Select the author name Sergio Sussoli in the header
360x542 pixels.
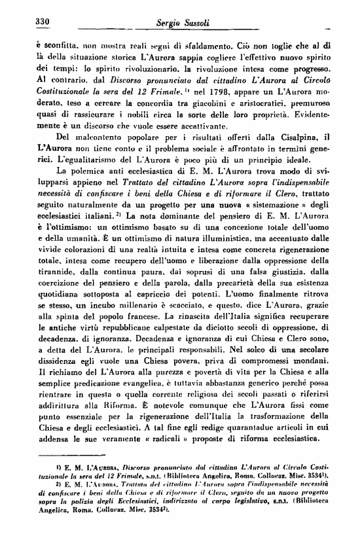[174, 23]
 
